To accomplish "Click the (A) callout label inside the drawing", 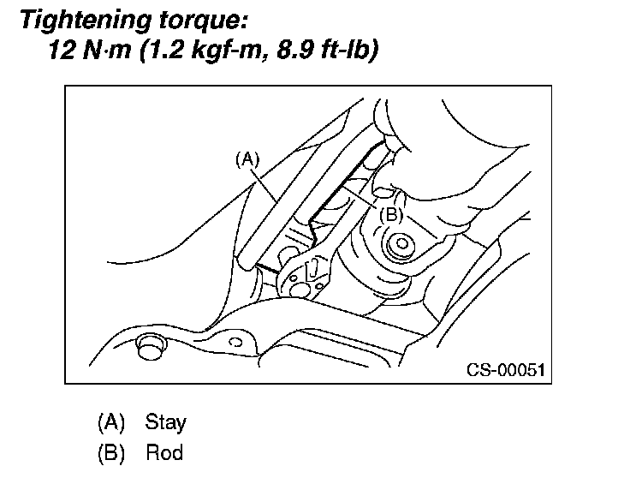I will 247,159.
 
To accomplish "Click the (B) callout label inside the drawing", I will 390,215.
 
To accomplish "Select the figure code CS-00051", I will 505,370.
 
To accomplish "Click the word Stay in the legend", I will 165,422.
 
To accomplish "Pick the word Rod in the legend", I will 164,452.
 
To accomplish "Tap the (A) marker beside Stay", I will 111,422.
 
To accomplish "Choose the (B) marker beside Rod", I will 111,452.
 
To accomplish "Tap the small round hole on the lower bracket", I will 241,345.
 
